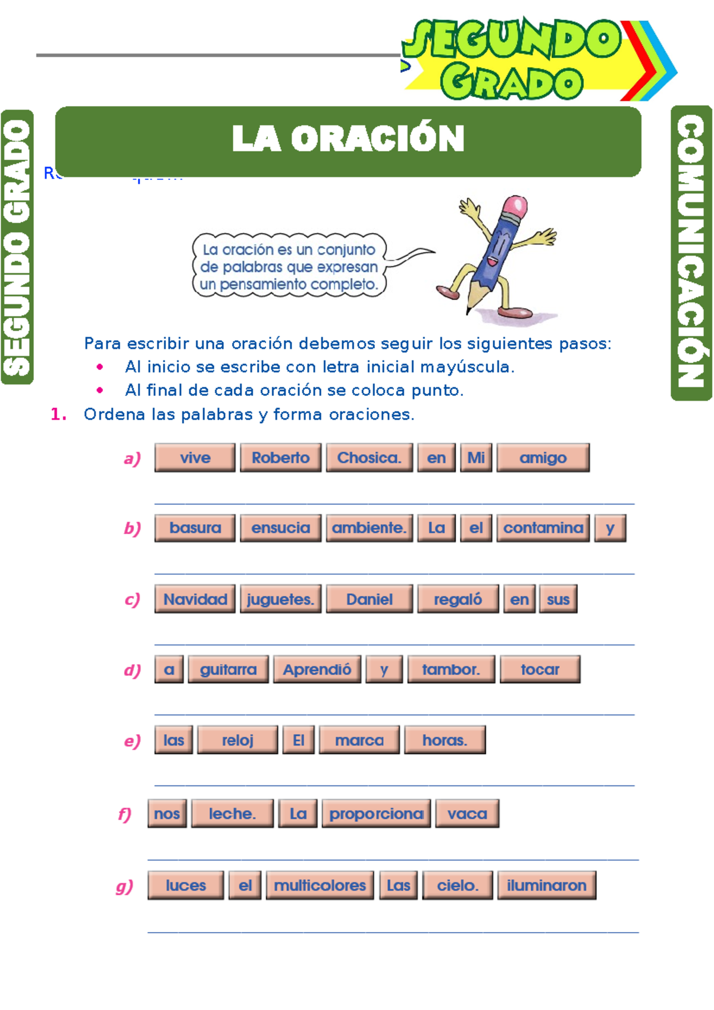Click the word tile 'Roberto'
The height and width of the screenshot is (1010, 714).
(x=280, y=458)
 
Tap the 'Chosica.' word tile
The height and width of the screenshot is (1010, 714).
(x=369, y=458)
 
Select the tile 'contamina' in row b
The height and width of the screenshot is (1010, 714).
(x=543, y=528)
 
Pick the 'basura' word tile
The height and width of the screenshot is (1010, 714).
(x=195, y=528)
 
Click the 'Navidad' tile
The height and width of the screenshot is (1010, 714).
(x=195, y=599)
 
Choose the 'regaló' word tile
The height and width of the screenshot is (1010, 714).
(x=458, y=599)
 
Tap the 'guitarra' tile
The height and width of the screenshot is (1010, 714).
(x=228, y=670)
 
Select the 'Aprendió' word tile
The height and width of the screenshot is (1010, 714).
(x=317, y=670)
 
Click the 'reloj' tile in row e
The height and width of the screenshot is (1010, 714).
(x=237, y=740)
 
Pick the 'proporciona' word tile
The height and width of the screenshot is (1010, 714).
(x=376, y=814)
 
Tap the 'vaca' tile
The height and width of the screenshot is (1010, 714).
(x=467, y=814)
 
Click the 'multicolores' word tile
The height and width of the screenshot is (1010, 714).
(x=320, y=886)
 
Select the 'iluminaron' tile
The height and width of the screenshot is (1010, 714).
(x=546, y=886)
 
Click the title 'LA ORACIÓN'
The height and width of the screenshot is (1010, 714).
(x=348, y=139)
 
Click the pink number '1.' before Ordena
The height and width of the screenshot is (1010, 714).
(x=58, y=414)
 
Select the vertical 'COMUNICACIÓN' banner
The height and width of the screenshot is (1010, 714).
(x=691, y=253)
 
